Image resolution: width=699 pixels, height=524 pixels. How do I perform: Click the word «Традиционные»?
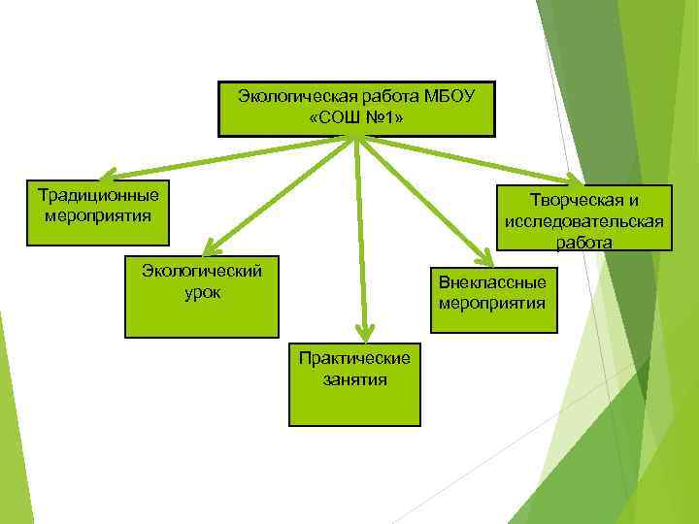coord(97,194)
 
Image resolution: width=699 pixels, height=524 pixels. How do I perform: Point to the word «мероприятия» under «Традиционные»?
coord(98,213)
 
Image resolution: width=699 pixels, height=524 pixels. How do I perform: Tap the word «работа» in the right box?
coord(584,242)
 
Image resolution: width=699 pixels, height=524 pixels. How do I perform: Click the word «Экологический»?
coord(202,270)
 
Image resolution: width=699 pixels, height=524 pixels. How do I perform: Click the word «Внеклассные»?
coord(491,282)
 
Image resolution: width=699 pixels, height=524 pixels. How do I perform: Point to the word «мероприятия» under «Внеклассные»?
coord(491,303)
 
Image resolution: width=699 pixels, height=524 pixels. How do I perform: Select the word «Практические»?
coord(354,358)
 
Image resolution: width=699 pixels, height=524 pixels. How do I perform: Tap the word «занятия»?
coord(354,379)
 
